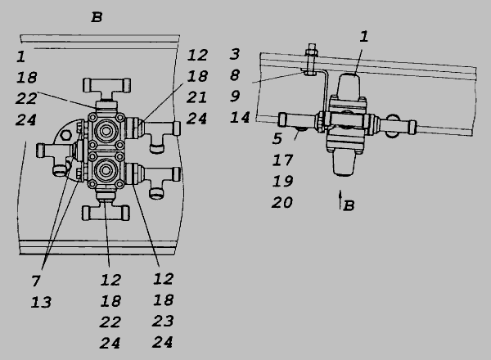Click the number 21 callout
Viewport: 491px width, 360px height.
[x=196, y=97]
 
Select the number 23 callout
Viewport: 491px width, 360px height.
[x=163, y=322]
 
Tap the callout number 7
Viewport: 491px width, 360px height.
[x=36, y=281]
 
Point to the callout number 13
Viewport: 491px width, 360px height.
[x=41, y=303]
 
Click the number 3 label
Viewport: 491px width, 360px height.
[x=235, y=54]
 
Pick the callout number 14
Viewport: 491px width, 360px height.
[x=240, y=117]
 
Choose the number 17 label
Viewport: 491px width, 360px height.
[x=282, y=160]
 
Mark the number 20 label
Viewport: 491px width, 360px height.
[x=282, y=203]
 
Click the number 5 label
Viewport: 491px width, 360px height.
[x=277, y=138]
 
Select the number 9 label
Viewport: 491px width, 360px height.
[x=235, y=96]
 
